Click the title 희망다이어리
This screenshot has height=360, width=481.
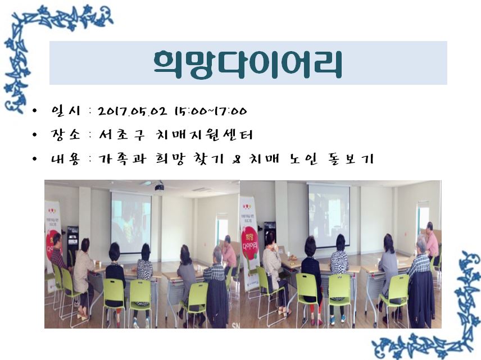tap(248, 65)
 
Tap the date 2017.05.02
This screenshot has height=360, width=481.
tap(133, 111)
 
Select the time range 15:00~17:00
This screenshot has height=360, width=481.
tap(210, 111)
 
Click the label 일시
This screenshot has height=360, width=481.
tap(66, 111)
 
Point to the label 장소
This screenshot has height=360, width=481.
tap(66, 135)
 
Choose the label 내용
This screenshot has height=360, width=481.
tap(66, 159)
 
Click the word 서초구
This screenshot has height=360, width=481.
tap(121, 135)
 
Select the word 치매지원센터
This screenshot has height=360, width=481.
tap(205, 135)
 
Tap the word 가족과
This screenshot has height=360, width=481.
tap(122, 159)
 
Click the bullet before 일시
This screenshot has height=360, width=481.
tap(34, 111)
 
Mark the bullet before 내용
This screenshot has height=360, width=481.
tap(34, 159)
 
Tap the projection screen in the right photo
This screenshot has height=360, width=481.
tap(329, 215)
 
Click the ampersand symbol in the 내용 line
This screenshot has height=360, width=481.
tap(237, 160)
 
